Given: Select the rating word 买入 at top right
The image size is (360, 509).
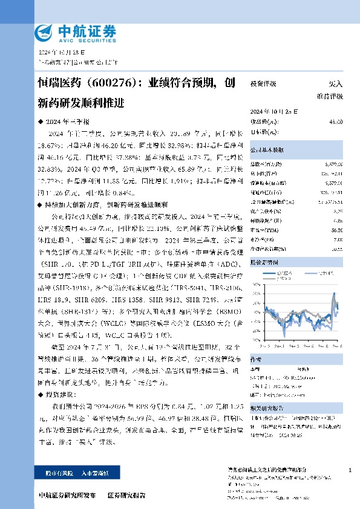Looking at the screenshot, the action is [x=335, y=84].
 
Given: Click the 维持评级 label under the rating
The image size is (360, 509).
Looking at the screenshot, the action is [x=330, y=96].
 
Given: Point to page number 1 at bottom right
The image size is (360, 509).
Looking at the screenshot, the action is [x=350, y=470].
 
